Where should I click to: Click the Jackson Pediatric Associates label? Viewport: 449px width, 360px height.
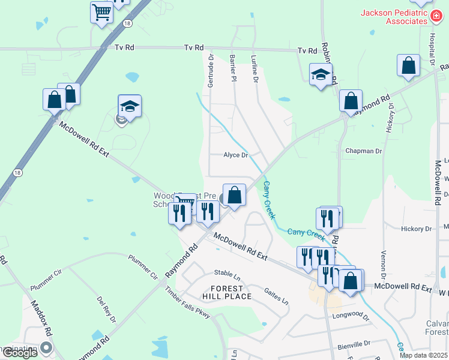(x=393, y=17)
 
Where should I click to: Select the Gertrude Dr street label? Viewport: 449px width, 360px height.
(x=211, y=71)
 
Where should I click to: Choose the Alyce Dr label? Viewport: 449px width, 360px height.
(x=235, y=155)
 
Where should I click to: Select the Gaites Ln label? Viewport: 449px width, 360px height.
(x=276, y=294)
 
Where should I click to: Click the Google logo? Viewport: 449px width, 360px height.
(x=20, y=353)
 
